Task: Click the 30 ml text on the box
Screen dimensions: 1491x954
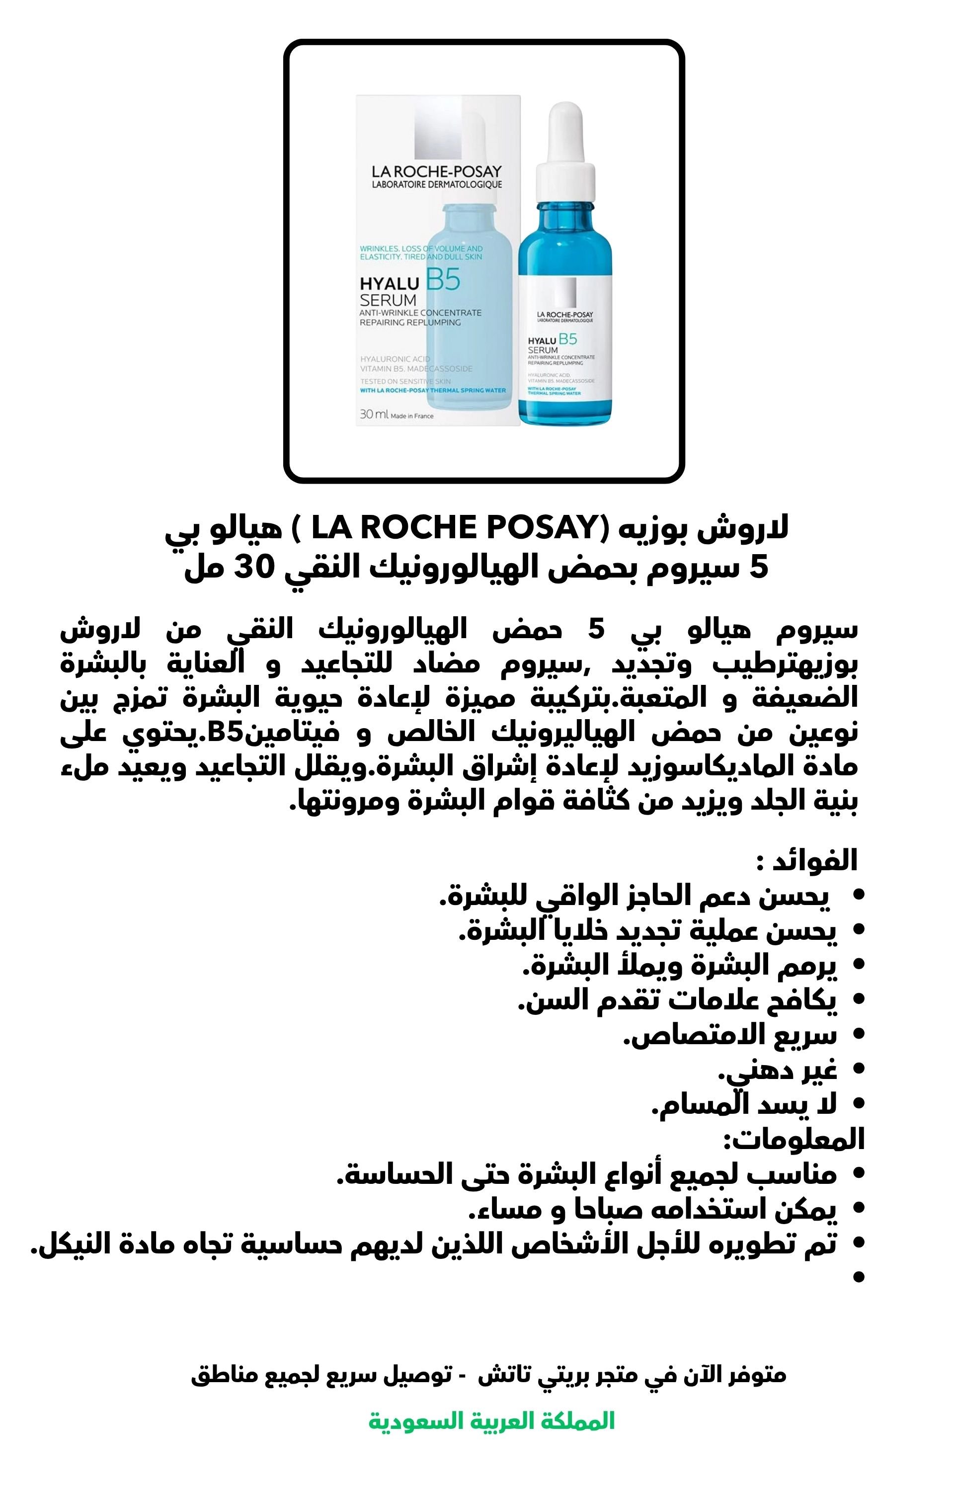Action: point(374,414)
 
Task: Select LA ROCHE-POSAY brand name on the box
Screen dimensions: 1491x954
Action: point(437,171)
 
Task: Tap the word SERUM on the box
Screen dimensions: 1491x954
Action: point(389,300)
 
